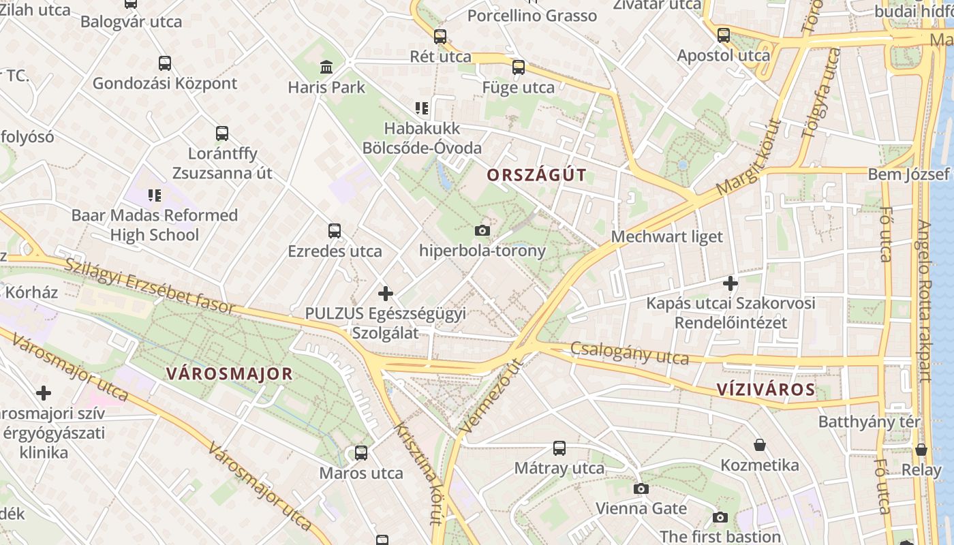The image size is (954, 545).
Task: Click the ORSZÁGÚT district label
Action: click(x=536, y=175)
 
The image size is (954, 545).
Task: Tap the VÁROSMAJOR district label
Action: click(x=230, y=373)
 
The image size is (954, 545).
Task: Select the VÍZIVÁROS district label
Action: click(x=766, y=390)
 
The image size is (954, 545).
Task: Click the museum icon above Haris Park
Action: click(x=326, y=67)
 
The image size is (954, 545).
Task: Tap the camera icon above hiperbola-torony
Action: click(x=482, y=230)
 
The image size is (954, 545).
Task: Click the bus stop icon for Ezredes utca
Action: click(x=334, y=230)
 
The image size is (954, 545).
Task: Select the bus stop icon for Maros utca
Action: click(x=361, y=452)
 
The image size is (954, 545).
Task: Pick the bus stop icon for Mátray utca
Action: click(x=559, y=448)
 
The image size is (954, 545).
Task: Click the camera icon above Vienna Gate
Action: click(x=641, y=488)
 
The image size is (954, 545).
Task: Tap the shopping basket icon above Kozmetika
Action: click(x=760, y=445)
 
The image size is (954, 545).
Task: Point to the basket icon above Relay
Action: click(x=921, y=450)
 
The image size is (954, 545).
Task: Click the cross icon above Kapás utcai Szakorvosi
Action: click(x=730, y=283)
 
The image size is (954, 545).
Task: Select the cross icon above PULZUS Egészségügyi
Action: click(x=385, y=294)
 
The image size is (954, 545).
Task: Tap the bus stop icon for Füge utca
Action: click(x=519, y=67)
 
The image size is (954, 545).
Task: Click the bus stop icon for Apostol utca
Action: click(x=723, y=35)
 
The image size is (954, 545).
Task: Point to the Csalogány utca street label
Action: click(x=630, y=353)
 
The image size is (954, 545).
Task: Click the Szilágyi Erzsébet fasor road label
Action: click(x=150, y=286)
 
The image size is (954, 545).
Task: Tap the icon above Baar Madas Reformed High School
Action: click(x=155, y=196)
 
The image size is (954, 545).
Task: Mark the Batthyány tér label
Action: click(x=870, y=422)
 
